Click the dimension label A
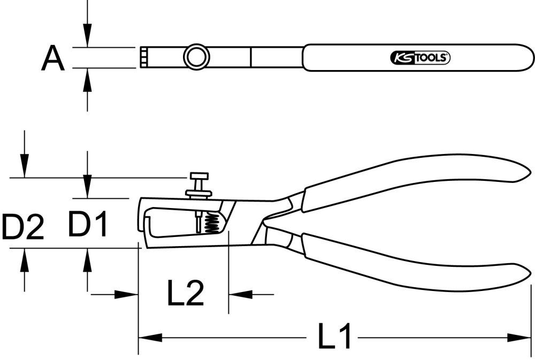(53, 58)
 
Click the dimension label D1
(88, 224)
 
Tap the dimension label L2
(186, 294)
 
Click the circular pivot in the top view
(195, 57)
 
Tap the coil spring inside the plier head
(212, 223)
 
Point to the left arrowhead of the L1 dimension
(150, 338)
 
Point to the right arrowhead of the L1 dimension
(519, 338)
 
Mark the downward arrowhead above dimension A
(88, 37)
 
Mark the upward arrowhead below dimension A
(88, 78)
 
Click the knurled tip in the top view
(144, 57)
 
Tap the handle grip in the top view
(417, 57)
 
